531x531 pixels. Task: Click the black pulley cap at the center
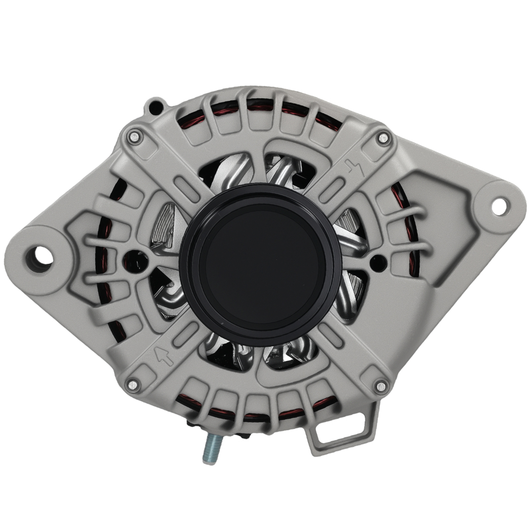tap(260, 264)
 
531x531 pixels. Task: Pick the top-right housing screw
tap(382, 138)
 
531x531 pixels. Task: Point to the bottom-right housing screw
tap(380, 386)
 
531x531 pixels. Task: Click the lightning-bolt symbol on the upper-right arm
tap(354, 168)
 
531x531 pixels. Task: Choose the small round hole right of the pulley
tap(377, 260)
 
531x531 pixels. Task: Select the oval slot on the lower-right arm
tap(331, 336)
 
